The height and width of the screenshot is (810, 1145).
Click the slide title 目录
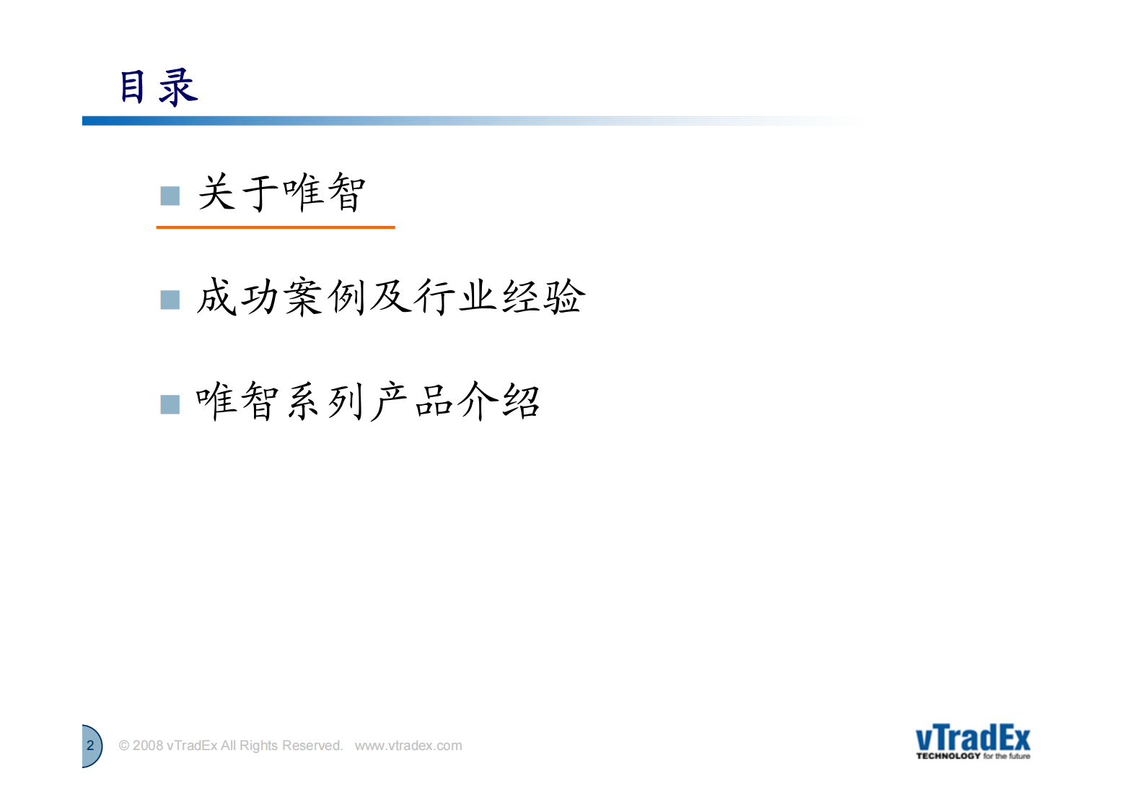158,87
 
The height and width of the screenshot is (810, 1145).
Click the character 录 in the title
178,87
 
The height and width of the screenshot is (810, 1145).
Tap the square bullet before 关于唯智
170,196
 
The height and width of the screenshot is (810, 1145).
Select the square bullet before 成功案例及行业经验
170,300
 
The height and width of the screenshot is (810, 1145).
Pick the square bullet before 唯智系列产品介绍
170,404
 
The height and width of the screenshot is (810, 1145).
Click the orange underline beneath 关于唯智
275,227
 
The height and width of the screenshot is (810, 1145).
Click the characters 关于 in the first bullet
238,193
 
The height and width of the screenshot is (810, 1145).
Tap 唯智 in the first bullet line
324,193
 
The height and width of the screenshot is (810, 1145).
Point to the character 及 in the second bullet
390,297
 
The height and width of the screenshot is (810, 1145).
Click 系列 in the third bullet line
325,401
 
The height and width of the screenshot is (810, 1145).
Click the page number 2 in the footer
90,746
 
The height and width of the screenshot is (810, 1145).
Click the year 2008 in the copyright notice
148,746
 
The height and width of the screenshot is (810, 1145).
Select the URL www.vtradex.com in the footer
408,746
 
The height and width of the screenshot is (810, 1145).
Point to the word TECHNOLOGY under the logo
948,756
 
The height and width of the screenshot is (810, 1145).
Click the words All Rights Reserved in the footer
281,746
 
